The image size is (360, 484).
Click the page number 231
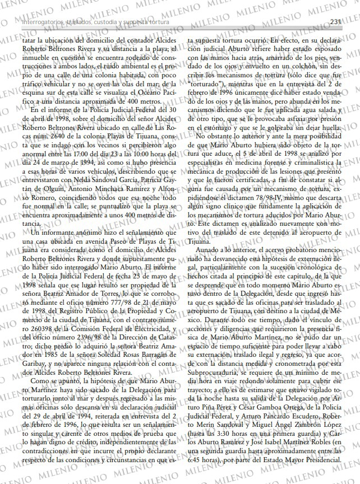tap(336, 22)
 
